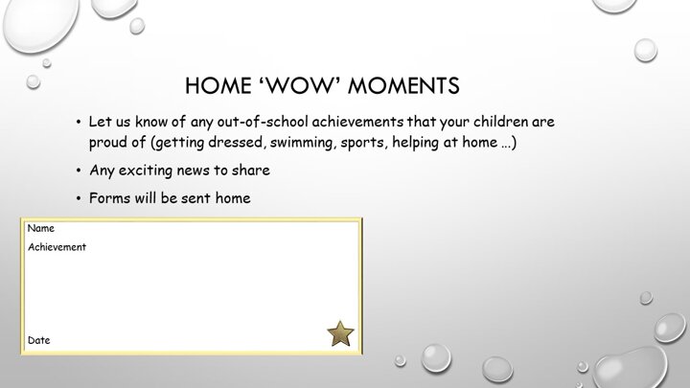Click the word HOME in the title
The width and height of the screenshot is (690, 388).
218,86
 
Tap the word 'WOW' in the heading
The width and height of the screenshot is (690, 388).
300,86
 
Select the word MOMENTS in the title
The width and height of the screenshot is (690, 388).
403,86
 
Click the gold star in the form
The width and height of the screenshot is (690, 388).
340,333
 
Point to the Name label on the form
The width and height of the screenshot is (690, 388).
41,228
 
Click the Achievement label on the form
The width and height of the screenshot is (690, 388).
57,247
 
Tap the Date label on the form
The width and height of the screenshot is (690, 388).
38,340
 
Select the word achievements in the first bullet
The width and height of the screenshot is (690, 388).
357,122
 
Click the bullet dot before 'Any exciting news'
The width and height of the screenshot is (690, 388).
79,171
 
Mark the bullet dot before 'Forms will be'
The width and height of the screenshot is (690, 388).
79,198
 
